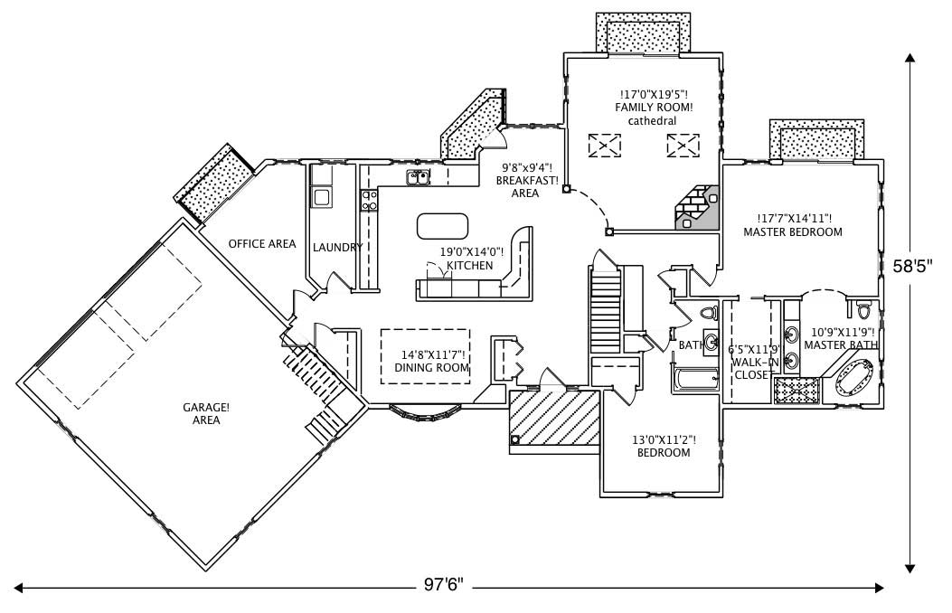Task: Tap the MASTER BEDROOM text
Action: [x=792, y=232]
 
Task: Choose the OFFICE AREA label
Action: [x=261, y=244]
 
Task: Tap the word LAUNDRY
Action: [x=337, y=248]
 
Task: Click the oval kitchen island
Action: [x=443, y=224]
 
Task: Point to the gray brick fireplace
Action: [x=697, y=208]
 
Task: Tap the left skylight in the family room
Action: [x=605, y=145]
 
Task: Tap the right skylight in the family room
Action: [x=683, y=145]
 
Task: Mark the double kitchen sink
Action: [x=418, y=177]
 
